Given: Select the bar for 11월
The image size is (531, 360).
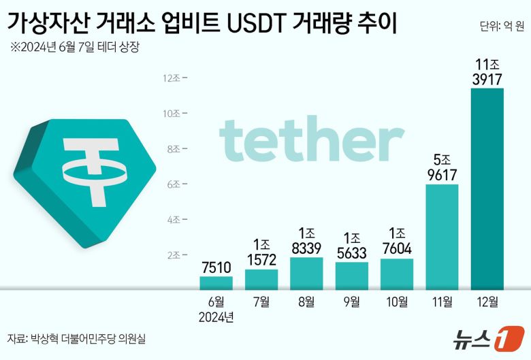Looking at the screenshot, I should pyautogui.click(x=442, y=237).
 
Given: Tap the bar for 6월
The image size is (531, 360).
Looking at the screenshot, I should pyautogui.click(x=216, y=282).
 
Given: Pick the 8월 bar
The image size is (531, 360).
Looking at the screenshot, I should pyautogui.click(x=306, y=273).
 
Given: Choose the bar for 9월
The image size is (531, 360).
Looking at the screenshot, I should pyautogui.click(x=351, y=276).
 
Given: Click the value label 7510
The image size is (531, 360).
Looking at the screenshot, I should pyautogui.click(x=216, y=266).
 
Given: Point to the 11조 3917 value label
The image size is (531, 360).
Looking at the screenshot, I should pyautogui.click(x=487, y=71).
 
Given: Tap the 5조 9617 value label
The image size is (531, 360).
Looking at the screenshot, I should pyautogui.click(x=442, y=167).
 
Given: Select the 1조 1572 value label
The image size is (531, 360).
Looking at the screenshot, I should pyautogui.click(x=261, y=252).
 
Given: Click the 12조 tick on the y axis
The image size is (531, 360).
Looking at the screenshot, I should pyautogui.click(x=171, y=78).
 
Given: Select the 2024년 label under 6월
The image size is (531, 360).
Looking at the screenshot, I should pyautogui.click(x=216, y=316).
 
